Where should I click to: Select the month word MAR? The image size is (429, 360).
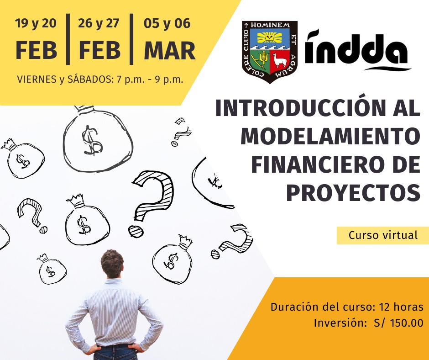click(170, 51)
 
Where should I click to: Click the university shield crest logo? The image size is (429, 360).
click(269, 52)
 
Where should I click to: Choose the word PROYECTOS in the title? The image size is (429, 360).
click(353, 192)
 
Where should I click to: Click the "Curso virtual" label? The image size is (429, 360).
click(383, 235)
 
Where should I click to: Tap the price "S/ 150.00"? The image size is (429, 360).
click(398, 323)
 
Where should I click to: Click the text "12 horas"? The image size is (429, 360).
click(401, 307)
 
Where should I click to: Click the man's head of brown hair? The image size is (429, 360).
click(112, 263)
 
